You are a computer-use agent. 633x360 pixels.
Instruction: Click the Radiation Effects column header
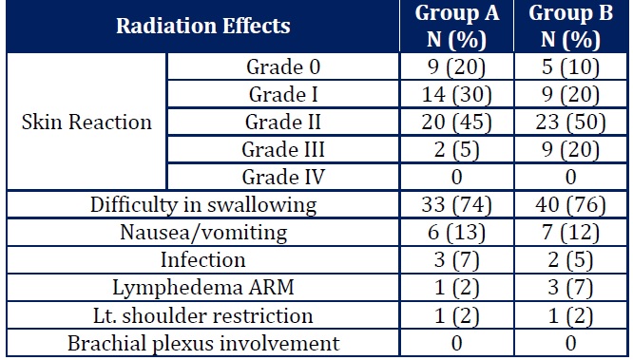pyautogui.click(x=202, y=27)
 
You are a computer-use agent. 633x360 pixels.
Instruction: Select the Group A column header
pyautogui.click(x=451, y=27)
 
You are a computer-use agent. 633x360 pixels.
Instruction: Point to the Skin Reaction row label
pyautogui.click(x=86, y=123)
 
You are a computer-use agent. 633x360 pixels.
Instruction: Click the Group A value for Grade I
pyautogui.click(x=451, y=95)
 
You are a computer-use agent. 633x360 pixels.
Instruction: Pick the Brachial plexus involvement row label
pyautogui.click(x=202, y=342)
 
